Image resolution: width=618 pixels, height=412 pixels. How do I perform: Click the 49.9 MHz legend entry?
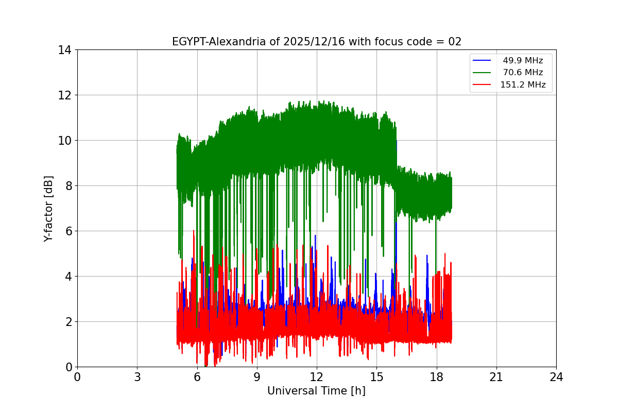point(523,61)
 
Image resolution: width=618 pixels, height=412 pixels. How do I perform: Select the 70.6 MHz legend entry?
point(523,73)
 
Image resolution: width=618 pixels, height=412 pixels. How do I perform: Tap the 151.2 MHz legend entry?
point(523,85)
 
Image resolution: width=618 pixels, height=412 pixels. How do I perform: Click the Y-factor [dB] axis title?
point(49,208)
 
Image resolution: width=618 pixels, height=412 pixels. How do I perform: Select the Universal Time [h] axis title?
point(316,391)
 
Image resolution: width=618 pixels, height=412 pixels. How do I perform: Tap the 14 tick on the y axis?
point(65,50)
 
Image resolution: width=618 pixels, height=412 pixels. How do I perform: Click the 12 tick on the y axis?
point(65,95)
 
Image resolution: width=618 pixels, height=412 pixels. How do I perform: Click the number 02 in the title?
point(454,42)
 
